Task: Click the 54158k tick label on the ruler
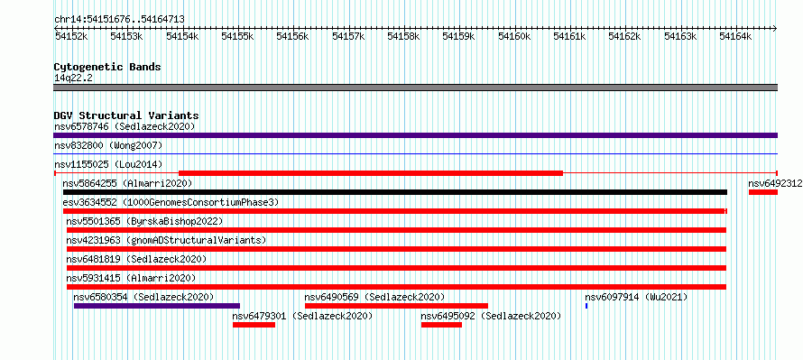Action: click(403, 36)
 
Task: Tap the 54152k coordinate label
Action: click(71, 36)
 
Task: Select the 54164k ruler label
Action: click(735, 36)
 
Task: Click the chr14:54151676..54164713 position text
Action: click(119, 20)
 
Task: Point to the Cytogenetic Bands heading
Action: click(107, 67)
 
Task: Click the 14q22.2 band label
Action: click(73, 78)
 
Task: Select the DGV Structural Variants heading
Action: click(126, 115)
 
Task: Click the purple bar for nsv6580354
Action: click(157, 306)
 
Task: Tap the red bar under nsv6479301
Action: click(254, 325)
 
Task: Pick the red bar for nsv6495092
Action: click(441, 325)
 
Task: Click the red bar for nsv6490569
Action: click(396, 306)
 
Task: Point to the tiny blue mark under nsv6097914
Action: click(586, 306)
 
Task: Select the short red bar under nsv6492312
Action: click(763, 192)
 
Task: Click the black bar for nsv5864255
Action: click(395, 192)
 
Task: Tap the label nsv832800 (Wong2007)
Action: click(108, 145)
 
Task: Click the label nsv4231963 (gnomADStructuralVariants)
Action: click(166, 240)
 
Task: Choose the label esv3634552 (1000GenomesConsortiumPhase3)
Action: click(171, 202)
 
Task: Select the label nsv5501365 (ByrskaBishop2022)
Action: click(145, 221)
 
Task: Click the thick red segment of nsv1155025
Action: click(371, 173)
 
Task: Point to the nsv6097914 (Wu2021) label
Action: click(636, 297)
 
